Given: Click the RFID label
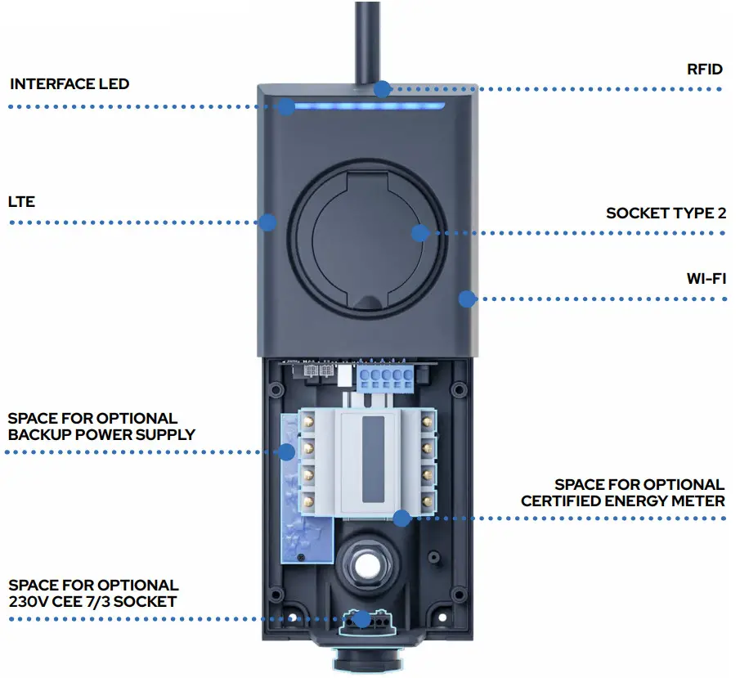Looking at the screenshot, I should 704,70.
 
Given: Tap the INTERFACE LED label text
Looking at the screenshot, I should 70,84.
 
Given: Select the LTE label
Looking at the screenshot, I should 22,201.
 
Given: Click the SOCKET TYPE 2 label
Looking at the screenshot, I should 666,213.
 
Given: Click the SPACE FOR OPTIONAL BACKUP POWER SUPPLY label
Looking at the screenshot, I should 101,426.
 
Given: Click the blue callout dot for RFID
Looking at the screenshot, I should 382,88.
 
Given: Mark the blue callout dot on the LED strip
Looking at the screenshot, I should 285,107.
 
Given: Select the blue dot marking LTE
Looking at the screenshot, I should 267,222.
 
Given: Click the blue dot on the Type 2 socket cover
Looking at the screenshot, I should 419,233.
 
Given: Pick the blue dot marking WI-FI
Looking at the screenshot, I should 467,299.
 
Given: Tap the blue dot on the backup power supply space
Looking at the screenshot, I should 285,451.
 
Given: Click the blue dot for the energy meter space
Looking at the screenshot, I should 401,518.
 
